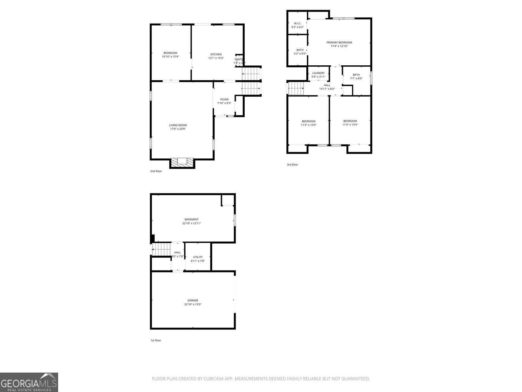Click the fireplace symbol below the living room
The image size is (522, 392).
coord(182,162)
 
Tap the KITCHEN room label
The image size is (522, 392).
coord(216,54)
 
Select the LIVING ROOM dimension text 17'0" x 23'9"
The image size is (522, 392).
coord(178,129)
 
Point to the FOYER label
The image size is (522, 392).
coord(224,99)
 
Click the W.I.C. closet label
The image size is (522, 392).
coord(298,23)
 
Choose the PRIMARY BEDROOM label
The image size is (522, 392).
coord(339,42)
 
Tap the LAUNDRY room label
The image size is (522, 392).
coord(318,73)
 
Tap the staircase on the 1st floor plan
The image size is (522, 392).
coord(162,250)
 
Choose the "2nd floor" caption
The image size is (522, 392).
coord(156,171)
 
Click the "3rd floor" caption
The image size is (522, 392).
coord(292,165)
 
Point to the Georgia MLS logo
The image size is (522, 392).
coord(29,382)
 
